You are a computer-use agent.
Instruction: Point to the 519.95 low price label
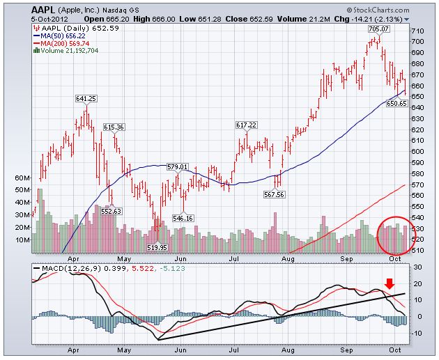tap(157, 247)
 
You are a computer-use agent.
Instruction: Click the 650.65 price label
tap(396, 103)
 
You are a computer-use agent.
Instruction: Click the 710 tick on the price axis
tap(417, 32)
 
